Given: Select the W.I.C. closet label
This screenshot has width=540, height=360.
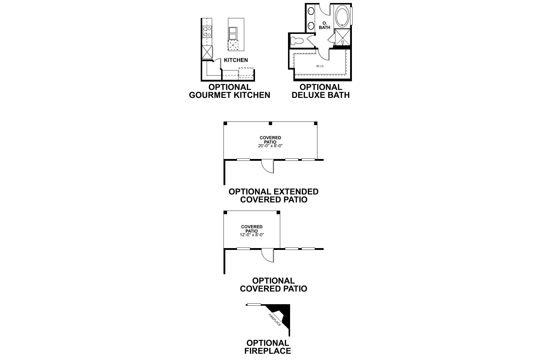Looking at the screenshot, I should pyautogui.click(x=320, y=66).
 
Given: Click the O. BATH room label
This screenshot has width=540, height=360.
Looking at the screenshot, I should pyautogui.click(x=325, y=25).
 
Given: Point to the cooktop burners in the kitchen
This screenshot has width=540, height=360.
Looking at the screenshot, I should pyautogui.click(x=207, y=31).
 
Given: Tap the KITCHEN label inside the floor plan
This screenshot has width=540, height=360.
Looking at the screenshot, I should pyautogui.click(x=236, y=60).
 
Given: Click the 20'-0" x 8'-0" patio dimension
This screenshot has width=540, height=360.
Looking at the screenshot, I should pyautogui.click(x=271, y=146).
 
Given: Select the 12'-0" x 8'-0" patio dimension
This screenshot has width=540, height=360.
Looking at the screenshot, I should pyautogui.click(x=252, y=235).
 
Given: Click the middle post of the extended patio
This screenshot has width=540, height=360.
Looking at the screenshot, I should pyautogui.click(x=270, y=123).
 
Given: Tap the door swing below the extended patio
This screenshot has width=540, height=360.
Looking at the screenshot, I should pyautogui.click(x=268, y=166).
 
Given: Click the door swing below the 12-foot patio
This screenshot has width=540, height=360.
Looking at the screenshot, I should pyautogui.click(x=268, y=256).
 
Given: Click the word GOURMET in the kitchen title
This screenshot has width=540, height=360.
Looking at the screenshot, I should pyautogui.click(x=210, y=95).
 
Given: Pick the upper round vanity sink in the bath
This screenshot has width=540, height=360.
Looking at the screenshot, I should pyautogui.click(x=311, y=12).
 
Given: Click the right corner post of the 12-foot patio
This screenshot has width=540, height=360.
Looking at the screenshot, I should pyautogui.click(x=278, y=212).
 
